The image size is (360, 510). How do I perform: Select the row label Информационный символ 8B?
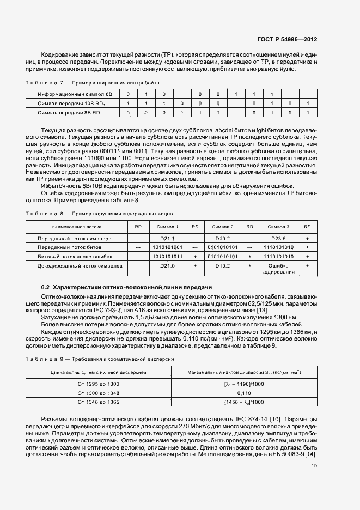70,94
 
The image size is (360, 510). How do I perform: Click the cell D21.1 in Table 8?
167,239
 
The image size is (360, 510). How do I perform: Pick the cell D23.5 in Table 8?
279,239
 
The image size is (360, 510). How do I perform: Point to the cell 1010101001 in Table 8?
167,247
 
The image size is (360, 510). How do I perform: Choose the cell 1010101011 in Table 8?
167,256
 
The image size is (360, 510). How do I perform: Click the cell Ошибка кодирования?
279,268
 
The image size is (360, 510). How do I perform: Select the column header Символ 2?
223,227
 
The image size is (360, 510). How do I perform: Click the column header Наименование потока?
76,227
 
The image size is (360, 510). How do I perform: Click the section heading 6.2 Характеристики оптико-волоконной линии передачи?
127,287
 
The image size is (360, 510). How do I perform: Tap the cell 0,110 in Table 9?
243,393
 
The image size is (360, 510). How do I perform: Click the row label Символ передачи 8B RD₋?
70,112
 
